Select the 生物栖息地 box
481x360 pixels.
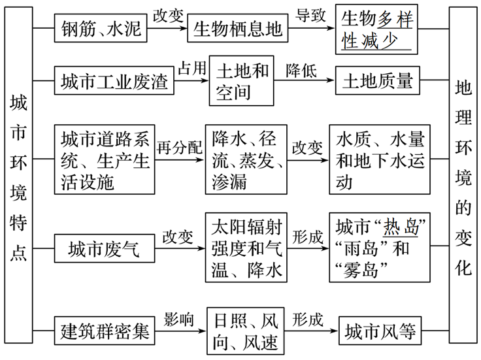click(237, 28)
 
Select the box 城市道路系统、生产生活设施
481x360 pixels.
click(105, 159)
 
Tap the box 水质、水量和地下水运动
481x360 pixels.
click(380, 159)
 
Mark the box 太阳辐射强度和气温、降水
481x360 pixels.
click(246, 248)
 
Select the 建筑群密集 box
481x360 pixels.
click(105, 331)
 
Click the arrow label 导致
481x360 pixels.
click(311, 14)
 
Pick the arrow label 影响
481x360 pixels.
click(179, 319)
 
